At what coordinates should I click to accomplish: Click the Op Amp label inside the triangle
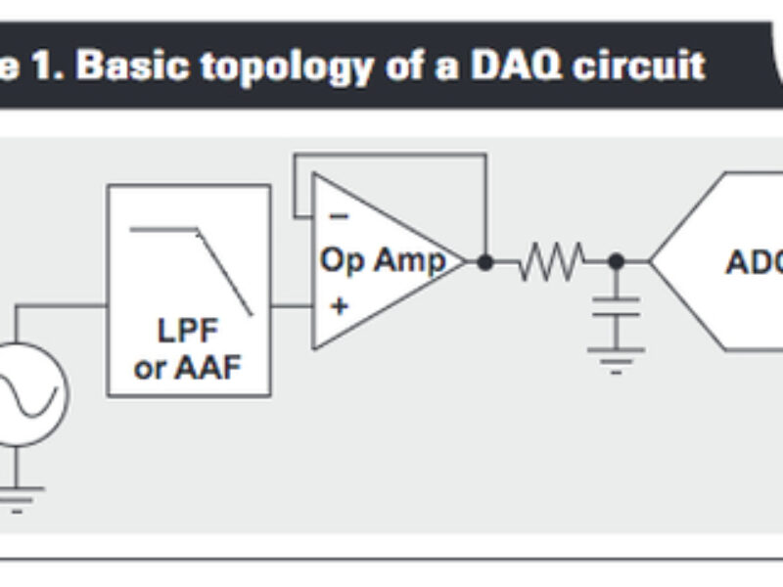click(382, 260)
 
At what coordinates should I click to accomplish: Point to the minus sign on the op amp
click(337, 214)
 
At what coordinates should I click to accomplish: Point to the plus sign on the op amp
click(339, 305)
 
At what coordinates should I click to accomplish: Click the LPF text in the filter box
click(188, 330)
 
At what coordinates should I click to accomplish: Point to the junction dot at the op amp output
click(483, 261)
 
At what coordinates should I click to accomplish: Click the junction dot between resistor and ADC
click(616, 261)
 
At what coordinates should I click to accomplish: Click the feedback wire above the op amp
click(391, 154)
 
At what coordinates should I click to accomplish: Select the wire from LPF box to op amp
click(291, 305)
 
